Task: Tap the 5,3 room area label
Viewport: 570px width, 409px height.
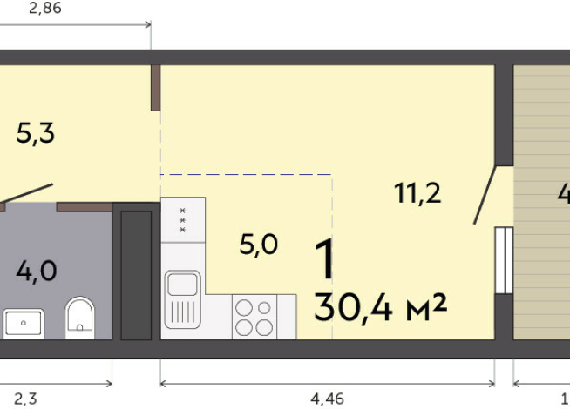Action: (x=36, y=134)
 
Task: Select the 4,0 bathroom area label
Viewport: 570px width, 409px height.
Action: (x=36, y=271)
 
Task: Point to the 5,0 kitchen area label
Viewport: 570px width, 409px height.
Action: (x=259, y=245)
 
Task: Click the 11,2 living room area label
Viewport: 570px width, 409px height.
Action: (x=417, y=193)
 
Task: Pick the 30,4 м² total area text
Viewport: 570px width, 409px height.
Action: (x=380, y=305)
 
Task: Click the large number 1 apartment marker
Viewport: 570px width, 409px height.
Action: (x=323, y=259)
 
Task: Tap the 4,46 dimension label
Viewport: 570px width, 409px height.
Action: (x=328, y=399)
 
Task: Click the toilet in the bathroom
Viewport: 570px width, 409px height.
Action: (x=80, y=318)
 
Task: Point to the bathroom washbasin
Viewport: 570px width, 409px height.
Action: (x=24, y=324)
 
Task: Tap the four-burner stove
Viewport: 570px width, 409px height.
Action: (x=254, y=317)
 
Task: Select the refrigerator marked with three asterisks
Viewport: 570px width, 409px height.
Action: (x=183, y=219)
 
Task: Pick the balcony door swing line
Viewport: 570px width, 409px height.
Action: (x=485, y=195)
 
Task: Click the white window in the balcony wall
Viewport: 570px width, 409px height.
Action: (x=503, y=260)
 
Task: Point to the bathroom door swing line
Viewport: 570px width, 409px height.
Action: (x=26, y=194)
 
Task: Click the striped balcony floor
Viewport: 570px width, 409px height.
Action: (x=540, y=200)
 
